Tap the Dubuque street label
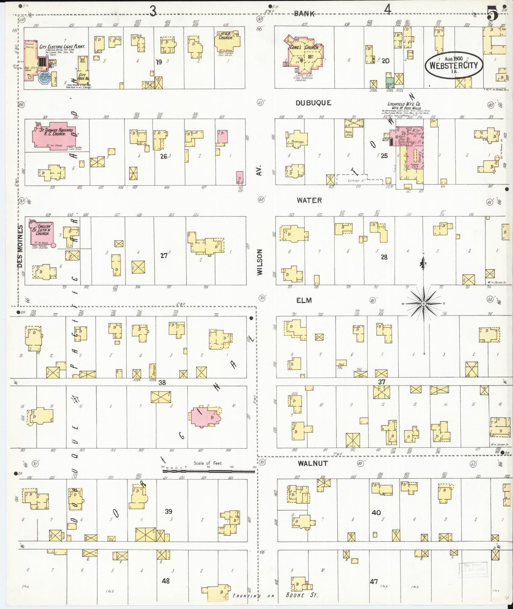coord(313,103)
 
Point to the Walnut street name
coord(313,464)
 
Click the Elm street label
coord(304,300)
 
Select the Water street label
coord(309,201)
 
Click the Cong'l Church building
coord(304,54)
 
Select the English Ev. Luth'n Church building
coord(42,234)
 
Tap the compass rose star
coord(423,304)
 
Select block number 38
coord(162,382)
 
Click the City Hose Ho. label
coord(82,77)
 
